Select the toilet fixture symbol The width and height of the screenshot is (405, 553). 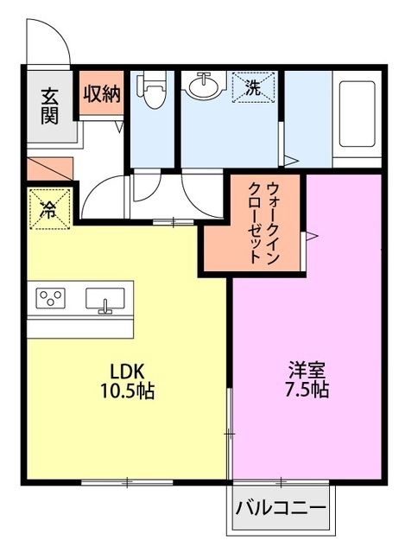pos(153,92)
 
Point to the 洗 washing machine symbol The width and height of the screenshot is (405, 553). pos(254,87)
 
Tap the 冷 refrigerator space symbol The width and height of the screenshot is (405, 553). pos(49,208)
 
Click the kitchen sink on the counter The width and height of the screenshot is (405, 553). pos(105,299)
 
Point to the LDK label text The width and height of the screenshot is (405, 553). pos(126,371)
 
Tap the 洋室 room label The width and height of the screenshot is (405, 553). pos(307,369)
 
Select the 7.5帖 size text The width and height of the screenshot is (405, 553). pos(307,390)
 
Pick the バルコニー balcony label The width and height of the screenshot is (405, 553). pos(281,507)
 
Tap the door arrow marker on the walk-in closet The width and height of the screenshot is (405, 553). pos(314,232)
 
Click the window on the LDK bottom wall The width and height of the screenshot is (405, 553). pos(126,482)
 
